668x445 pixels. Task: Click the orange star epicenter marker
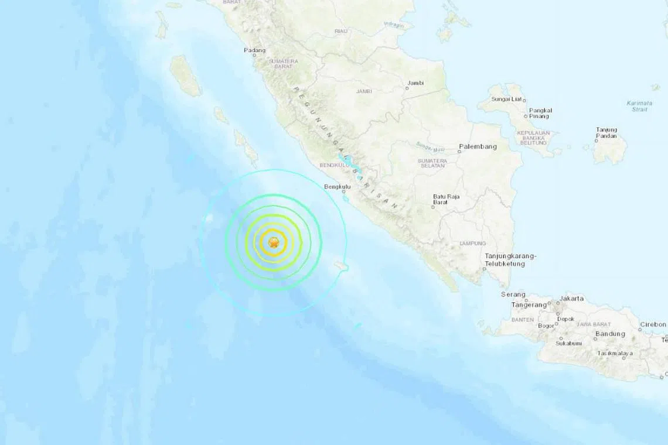(x=273, y=242)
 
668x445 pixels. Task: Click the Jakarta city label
(x=571, y=299)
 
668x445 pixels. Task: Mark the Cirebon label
(x=653, y=324)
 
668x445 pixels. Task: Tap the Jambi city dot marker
(x=407, y=89)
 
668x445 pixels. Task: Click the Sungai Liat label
(x=506, y=100)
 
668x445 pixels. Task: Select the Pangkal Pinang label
(x=541, y=113)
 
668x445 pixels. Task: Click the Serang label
(x=513, y=295)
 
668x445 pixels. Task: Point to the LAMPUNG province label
(x=472, y=243)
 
